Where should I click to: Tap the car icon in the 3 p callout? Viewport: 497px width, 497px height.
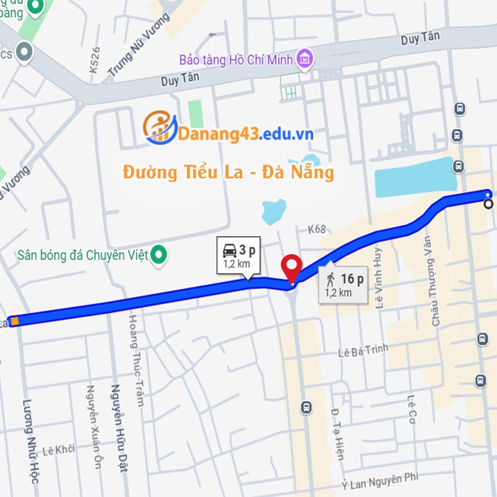[229, 250]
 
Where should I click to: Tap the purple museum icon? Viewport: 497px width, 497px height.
[304, 59]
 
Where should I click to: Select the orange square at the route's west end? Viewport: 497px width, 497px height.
[14, 321]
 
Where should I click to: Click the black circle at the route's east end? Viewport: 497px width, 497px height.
[489, 203]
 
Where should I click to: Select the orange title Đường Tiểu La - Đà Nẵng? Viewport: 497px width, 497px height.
[229, 172]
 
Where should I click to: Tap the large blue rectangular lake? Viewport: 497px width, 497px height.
[414, 177]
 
